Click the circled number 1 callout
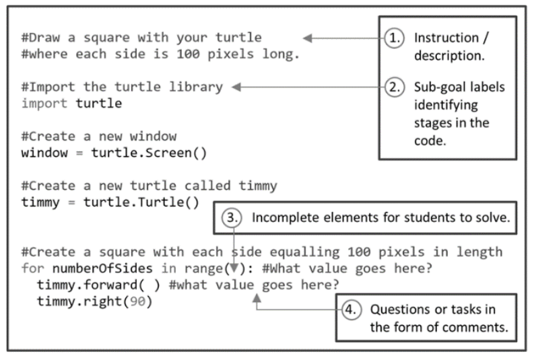click(x=395, y=38)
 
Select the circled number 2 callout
click(x=395, y=87)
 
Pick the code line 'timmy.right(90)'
click(x=94, y=301)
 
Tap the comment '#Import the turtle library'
click(x=122, y=87)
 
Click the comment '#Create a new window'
click(x=98, y=137)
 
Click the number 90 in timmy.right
click(x=137, y=301)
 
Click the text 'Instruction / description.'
click(x=448, y=46)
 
